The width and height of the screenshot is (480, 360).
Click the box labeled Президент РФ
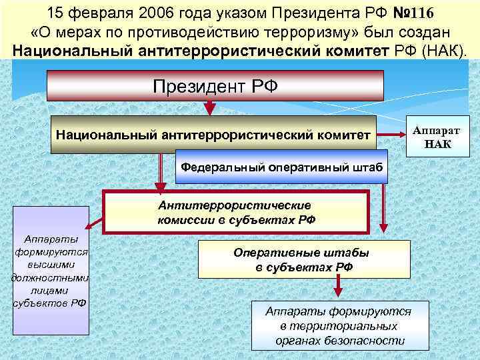click(215, 85)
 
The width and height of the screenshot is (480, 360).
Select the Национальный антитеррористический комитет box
click(213, 135)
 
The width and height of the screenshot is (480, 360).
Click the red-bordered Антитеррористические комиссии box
click(235, 211)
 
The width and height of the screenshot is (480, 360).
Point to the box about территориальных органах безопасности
click(339, 326)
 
